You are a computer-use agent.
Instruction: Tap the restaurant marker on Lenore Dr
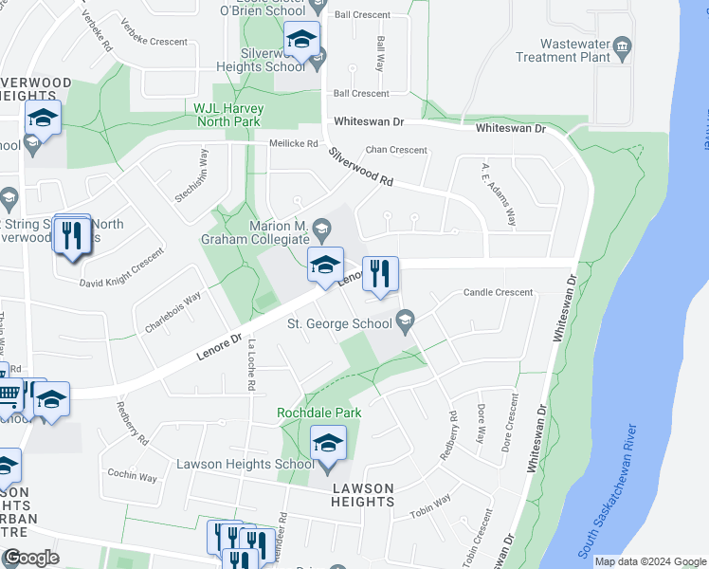tap(380, 275)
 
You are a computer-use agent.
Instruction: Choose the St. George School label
tap(339, 324)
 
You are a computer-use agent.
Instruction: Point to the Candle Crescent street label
tap(498, 292)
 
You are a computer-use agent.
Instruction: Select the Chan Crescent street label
tap(396, 150)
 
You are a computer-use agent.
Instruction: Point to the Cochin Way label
tap(132, 475)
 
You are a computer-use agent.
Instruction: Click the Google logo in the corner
tap(31, 558)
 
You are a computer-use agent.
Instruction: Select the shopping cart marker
tap(8, 393)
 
